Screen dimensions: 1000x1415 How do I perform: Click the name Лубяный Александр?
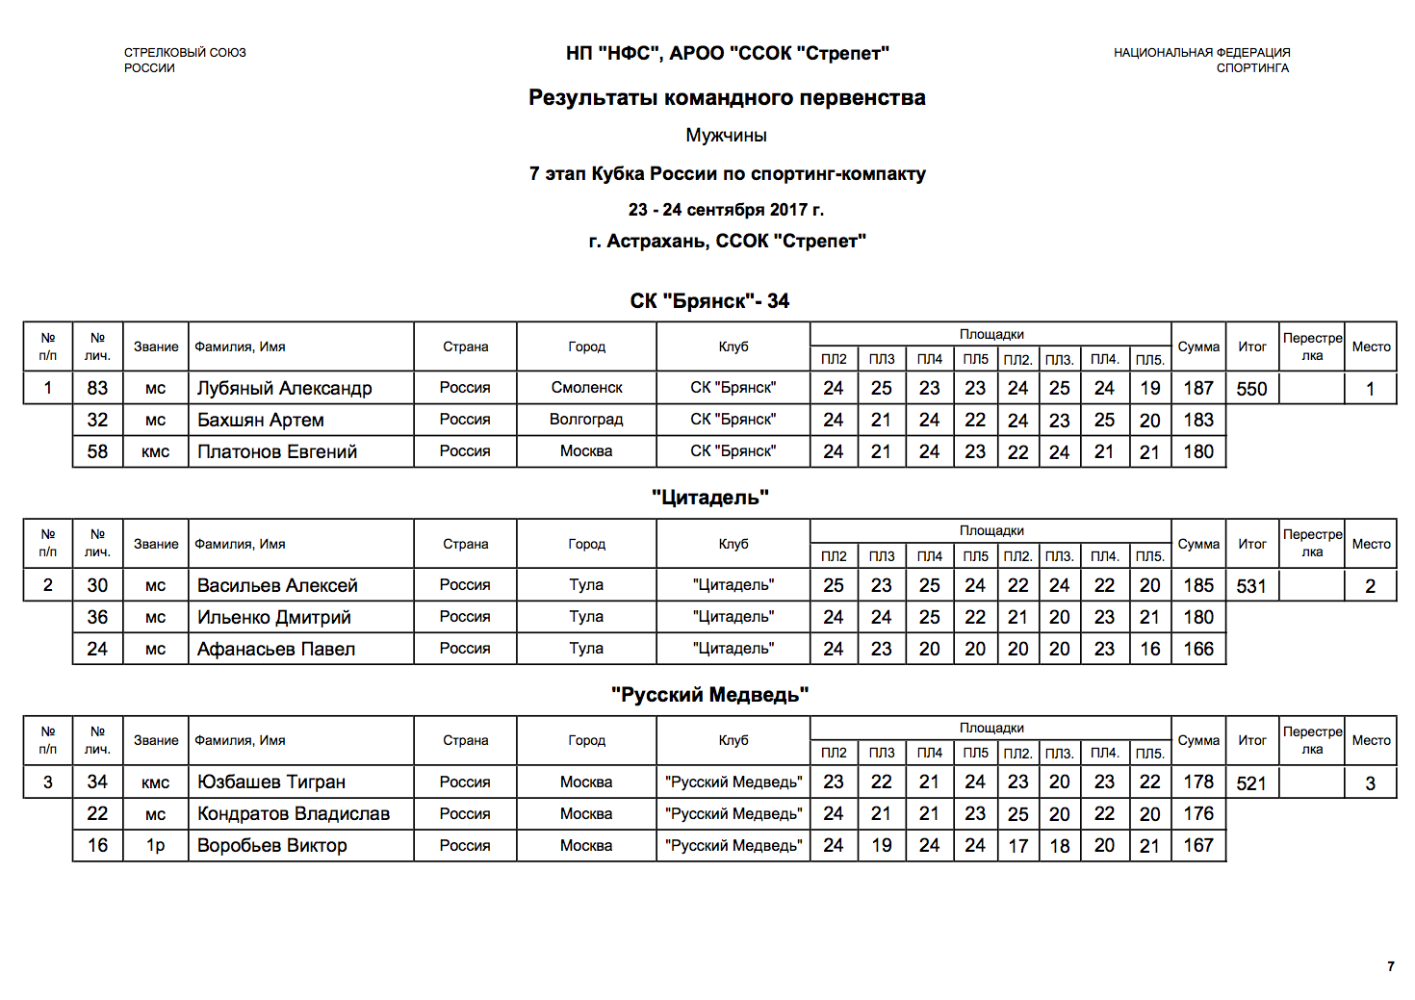coord(284,388)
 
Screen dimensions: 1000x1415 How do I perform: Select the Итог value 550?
coord(1251,389)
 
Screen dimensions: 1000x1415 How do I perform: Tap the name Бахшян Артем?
coord(260,420)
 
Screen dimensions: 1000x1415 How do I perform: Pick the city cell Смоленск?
coord(586,388)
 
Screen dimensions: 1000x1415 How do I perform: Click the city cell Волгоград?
coord(586,420)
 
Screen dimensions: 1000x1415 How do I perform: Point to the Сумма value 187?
coord(1198,388)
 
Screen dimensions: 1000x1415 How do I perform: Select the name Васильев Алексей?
coord(277,585)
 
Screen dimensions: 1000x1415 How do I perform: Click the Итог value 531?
coord(1251,586)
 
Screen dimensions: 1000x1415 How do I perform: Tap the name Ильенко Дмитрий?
coord(273,617)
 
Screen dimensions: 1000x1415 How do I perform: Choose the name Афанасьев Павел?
coord(276,649)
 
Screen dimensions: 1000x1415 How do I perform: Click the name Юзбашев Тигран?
coord(270,782)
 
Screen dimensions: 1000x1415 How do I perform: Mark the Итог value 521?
coord(1251,783)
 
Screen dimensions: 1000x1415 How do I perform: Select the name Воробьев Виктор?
coord(271,846)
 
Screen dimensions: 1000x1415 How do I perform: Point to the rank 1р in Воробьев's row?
coord(155,846)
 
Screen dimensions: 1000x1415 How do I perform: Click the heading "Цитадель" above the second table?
coord(709,498)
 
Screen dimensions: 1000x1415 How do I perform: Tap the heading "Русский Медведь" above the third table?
coord(709,695)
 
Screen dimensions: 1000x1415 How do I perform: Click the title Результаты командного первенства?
coord(727,97)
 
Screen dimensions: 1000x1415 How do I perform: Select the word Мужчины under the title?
coord(726,136)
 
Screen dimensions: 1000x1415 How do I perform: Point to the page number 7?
coord(1390,966)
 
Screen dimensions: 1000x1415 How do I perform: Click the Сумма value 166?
coord(1198,649)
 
